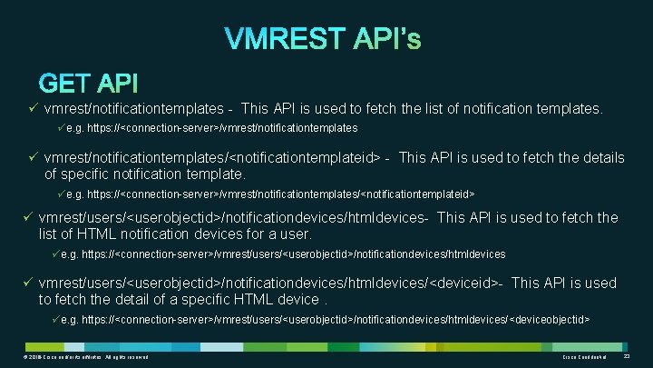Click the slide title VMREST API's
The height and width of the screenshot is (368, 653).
[323, 40]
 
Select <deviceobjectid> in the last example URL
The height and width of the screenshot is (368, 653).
[551, 319]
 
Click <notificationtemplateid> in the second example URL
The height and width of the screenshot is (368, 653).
[418, 194]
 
